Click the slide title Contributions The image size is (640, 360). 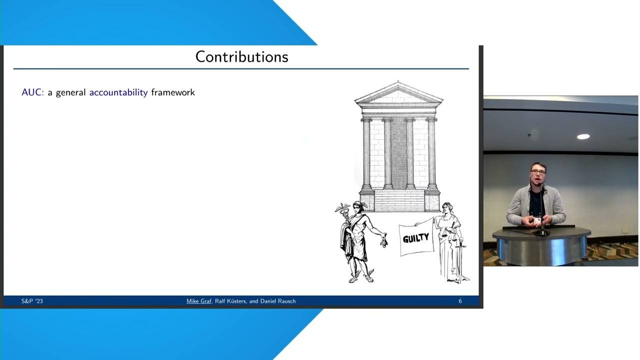(241, 57)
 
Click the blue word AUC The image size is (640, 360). (32, 92)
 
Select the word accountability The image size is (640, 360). (118, 92)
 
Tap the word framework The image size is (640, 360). (173, 92)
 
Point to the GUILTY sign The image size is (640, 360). (416, 239)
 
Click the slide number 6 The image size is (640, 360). (460, 301)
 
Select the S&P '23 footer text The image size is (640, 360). (32, 301)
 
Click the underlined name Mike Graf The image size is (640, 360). (199, 301)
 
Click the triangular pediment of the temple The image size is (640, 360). (398, 94)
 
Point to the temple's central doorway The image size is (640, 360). (398, 152)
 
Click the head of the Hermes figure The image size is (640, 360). (357, 205)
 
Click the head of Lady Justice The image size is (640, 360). (446, 207)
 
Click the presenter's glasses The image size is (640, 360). (538, 172)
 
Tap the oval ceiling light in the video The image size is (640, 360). (583, 136)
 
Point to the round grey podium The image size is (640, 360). (541, 245)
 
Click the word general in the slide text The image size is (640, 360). (70, 92)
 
